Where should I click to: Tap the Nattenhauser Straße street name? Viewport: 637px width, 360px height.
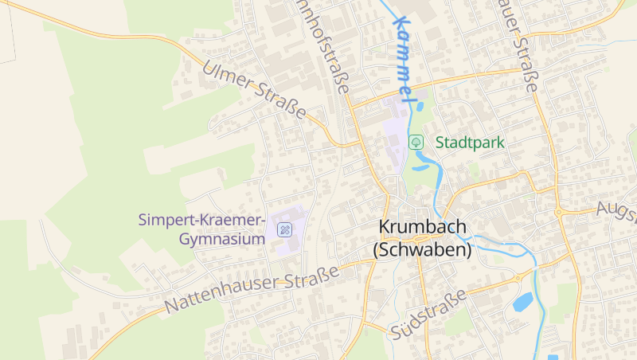pos(252,288)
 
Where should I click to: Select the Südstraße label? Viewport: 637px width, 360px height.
pos(428,316)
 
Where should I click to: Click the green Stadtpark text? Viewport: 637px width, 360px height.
pos(470,143)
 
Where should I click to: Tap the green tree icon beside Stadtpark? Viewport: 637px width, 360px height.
pos(416,143)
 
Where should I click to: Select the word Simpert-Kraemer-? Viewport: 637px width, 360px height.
pos(201,219)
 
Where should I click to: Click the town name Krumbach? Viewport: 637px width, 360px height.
pos(422,228)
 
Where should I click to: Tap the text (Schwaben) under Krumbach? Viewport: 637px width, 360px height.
pos(422,249)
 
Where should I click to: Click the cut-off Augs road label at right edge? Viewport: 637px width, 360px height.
pos(618,210)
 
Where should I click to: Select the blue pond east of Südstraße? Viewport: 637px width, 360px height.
pos(522,302)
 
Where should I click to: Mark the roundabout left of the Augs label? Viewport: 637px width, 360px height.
pos(559,213)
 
